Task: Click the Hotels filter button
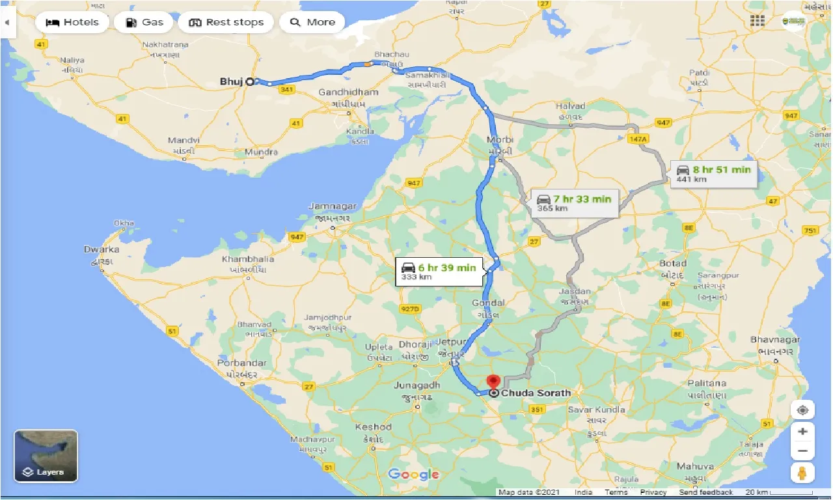point(72,22)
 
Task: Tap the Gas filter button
point(143,22)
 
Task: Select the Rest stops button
point(226,22)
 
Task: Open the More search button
point(312,22)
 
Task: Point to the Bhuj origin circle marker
point(250,81)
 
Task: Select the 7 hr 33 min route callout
point(573,203)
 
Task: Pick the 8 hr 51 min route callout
point(714,174)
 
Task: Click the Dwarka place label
point(102,249)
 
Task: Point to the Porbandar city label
point(243,363)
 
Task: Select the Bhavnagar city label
point(775,340)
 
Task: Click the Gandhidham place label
point(348,92)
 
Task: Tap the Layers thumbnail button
point(46,456)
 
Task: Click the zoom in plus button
point(803,431)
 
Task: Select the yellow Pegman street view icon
point(803,473)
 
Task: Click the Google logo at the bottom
point(413,474)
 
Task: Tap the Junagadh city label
point(417,385)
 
